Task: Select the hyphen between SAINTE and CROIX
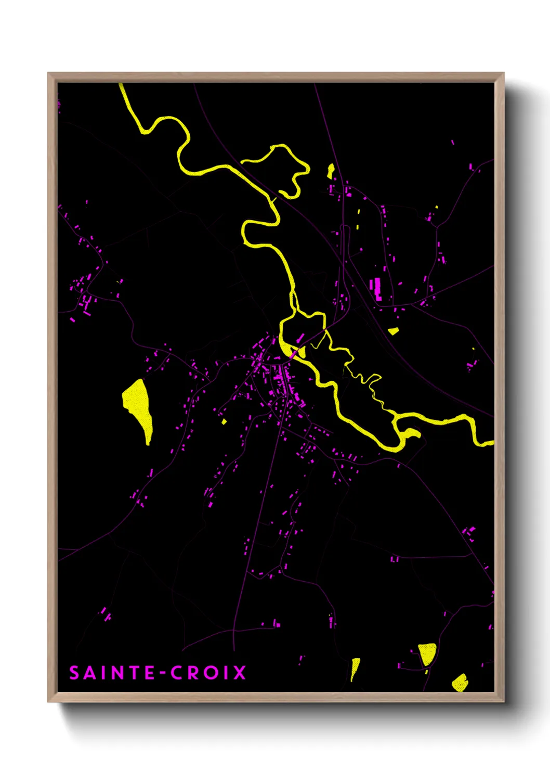163,673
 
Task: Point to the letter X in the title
239,673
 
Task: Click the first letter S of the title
74,673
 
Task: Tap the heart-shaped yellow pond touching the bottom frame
460,682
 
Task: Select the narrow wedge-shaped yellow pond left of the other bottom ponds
355,667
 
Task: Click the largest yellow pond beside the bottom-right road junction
427,653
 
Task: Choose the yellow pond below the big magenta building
394,330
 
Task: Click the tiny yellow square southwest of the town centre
224,421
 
